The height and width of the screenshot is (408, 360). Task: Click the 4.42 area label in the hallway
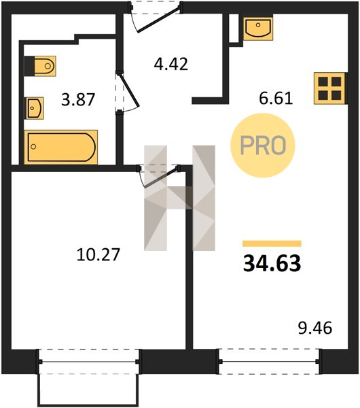(170, 65)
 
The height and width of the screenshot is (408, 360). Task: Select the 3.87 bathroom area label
(78, 100)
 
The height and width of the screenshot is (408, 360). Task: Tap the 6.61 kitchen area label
(276, 99)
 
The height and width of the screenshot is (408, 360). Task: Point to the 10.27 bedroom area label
(98, 254)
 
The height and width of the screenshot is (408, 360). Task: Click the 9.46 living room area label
(315, 328)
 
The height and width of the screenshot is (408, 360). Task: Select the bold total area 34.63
(272, 263)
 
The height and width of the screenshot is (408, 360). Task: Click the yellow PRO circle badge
(263, 146)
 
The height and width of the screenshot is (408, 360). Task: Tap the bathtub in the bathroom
(61, 147)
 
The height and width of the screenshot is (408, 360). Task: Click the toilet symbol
(40, 66)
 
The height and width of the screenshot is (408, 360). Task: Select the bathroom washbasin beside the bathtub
(34, 108)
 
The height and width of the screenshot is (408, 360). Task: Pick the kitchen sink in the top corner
(258, 27)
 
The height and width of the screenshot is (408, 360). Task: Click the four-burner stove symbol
(330, 88)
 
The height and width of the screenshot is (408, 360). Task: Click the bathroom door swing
(128, 92)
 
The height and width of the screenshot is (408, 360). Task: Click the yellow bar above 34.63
(272, 243)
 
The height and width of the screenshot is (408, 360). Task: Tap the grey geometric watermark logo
(179, 198)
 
